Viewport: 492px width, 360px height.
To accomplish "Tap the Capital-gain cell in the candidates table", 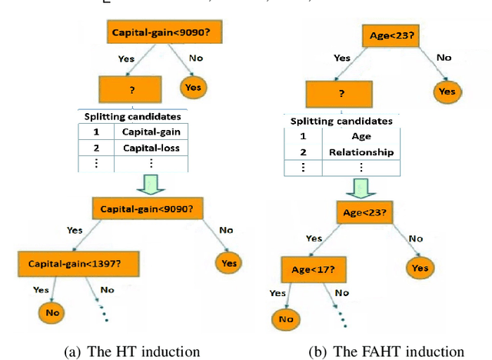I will tap(152, 131).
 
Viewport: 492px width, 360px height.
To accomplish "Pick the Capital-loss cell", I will tap(152, 147).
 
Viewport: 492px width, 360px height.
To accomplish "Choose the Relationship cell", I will tap(361, 152).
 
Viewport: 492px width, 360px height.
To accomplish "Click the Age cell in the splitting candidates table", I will tap(361, 136).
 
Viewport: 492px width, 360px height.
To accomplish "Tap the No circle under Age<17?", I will tap(286, 318).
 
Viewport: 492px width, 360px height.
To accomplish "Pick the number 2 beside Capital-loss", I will tap(96, 147).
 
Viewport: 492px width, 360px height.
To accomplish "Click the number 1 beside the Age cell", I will tap(302, 136).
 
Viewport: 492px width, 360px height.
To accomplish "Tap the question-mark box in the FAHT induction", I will tap(340, 95).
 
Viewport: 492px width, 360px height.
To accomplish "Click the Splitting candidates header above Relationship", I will tap(341, 121).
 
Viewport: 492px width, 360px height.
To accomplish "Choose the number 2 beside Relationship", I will tap(302, 152).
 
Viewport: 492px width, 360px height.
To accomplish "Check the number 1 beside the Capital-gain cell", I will tap(96, 131).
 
